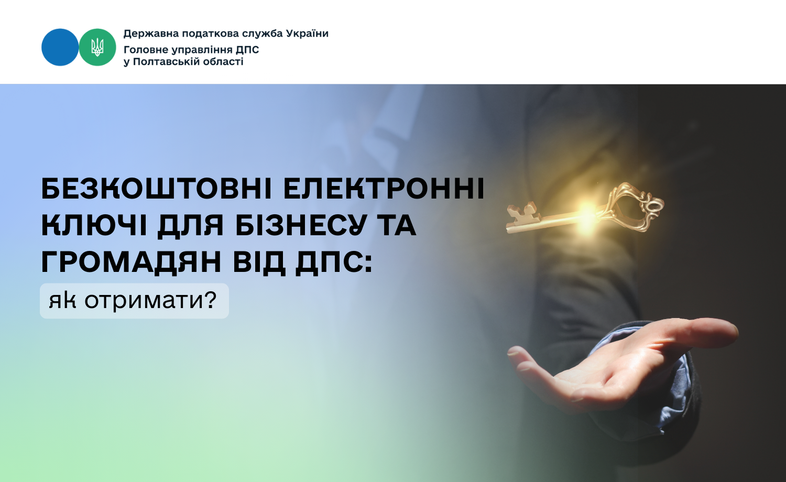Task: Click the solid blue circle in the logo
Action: click(x=60, y=47)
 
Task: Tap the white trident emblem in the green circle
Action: click(x=97, y=47)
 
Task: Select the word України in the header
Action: click(x=308, y=34)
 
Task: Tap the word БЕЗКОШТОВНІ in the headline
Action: click(x=157, y=189)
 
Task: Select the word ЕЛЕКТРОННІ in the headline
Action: click(x=384, y=189)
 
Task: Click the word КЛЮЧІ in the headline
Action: click(x=94, y=226)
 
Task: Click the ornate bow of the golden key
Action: click(x=635, y=206)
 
